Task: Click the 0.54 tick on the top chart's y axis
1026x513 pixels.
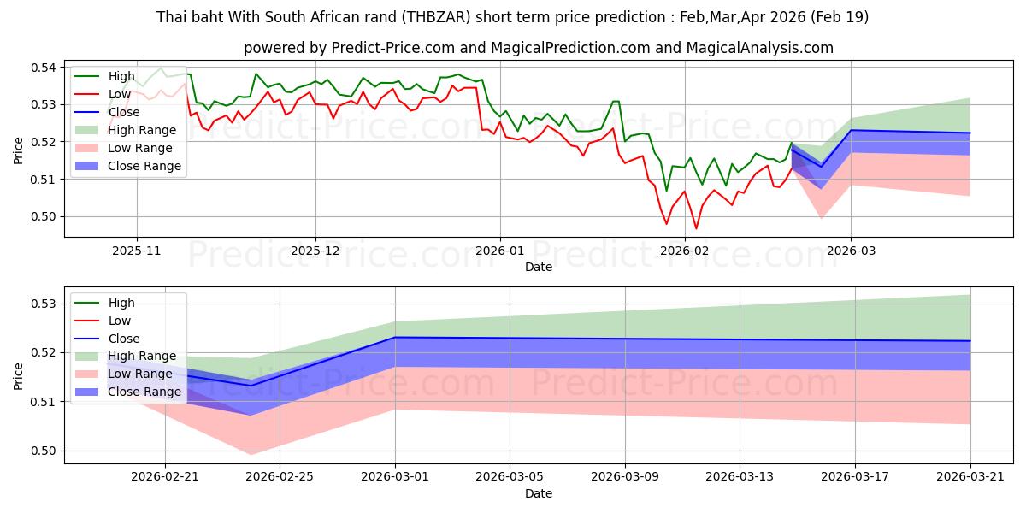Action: (44, 68)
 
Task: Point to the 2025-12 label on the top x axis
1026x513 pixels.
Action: (315, 251)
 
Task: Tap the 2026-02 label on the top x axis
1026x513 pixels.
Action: (685, 251)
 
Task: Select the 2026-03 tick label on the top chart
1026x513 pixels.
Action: (851, 251)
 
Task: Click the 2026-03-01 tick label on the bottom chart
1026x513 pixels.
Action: (395, 477)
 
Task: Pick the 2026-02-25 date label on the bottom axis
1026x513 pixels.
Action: (280, 477)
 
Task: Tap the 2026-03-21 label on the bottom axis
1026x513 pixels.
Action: (970, 477)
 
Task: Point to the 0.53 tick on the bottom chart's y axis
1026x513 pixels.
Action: (44, 304)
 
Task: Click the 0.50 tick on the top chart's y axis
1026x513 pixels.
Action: (44, 216)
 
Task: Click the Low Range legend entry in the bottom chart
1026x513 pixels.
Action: (124, 374)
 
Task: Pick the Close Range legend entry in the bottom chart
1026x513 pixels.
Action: (127, 392)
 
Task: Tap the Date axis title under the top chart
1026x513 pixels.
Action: (539, 267)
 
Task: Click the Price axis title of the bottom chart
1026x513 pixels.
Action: (18, 376)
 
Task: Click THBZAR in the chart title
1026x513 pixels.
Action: (438, 17)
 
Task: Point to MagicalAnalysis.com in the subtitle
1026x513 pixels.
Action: (760, 48)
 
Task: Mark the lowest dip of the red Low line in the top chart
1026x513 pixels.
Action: (696, 228)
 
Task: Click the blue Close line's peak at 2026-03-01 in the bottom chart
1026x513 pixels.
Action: (395, 337)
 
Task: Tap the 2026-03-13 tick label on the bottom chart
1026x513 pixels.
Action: (740, 477)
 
